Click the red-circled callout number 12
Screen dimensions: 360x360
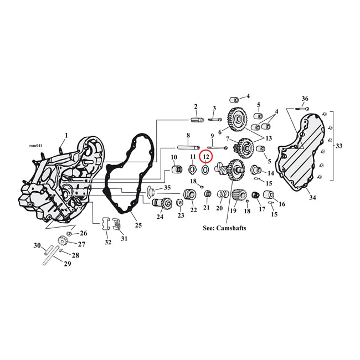pos(205,157)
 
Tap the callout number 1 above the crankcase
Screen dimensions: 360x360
pos(66,135)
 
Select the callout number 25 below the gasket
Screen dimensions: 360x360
pos(138,225)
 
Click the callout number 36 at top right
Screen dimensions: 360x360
pos(305,99)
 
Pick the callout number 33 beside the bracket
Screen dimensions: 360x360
pos(339,147)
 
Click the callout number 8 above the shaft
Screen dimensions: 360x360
pos(188,135)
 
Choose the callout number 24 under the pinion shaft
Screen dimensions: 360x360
pos(160,217)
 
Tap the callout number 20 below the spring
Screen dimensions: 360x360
pos(219,209)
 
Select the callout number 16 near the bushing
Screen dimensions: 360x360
pos(282,204)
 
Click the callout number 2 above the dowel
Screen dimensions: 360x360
pos(196,106)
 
